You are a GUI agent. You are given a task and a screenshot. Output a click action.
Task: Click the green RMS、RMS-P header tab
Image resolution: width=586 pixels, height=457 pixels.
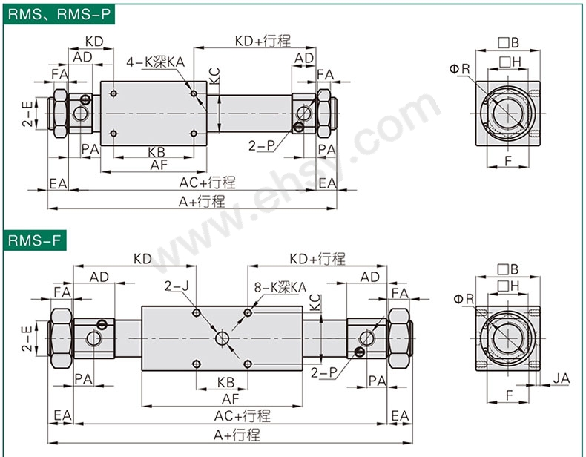(59, 14)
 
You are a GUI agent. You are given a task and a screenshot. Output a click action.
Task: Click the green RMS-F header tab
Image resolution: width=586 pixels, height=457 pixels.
(35, 240)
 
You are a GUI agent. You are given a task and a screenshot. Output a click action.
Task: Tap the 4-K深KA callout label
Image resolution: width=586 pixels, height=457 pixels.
(155, 62)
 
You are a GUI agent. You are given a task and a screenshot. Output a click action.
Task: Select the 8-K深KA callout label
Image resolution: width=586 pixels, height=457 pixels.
(280, 287)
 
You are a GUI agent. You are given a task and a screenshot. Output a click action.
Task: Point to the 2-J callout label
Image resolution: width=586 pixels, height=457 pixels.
(177, 286)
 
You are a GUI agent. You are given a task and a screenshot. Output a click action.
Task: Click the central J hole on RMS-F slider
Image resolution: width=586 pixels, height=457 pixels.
(222, 338)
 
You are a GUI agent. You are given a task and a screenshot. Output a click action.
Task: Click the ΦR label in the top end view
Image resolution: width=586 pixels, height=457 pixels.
(460, 69)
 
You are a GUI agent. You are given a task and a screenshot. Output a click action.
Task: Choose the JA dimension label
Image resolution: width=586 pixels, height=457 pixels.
(562, 378)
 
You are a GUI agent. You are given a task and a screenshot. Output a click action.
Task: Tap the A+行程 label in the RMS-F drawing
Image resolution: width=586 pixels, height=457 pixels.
(237, 435)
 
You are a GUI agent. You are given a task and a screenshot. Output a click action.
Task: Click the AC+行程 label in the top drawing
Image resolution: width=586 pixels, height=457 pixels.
(208, 183)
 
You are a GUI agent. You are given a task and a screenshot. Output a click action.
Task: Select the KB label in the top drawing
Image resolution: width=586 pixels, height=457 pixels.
(157, 152)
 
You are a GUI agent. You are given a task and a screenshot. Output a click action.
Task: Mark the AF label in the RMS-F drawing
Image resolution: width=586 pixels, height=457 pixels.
(230, 398)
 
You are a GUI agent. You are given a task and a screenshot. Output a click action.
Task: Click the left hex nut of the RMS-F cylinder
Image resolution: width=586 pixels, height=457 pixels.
(61, 338)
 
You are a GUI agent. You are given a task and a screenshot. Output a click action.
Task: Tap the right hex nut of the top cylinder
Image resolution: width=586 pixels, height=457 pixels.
(323, 114)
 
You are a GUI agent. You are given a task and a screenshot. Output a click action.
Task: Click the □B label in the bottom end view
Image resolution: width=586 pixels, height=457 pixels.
(508, 269)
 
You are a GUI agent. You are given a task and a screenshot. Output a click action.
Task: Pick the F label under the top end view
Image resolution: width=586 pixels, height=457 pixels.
(508, 161)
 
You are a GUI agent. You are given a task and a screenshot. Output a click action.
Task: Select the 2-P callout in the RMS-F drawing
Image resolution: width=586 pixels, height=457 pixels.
(324, 372)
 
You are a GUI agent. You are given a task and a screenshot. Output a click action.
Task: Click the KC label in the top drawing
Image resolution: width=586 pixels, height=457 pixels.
(214, 76)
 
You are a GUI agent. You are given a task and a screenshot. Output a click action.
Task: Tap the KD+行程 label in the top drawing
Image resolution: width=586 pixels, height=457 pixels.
(263, 41)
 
